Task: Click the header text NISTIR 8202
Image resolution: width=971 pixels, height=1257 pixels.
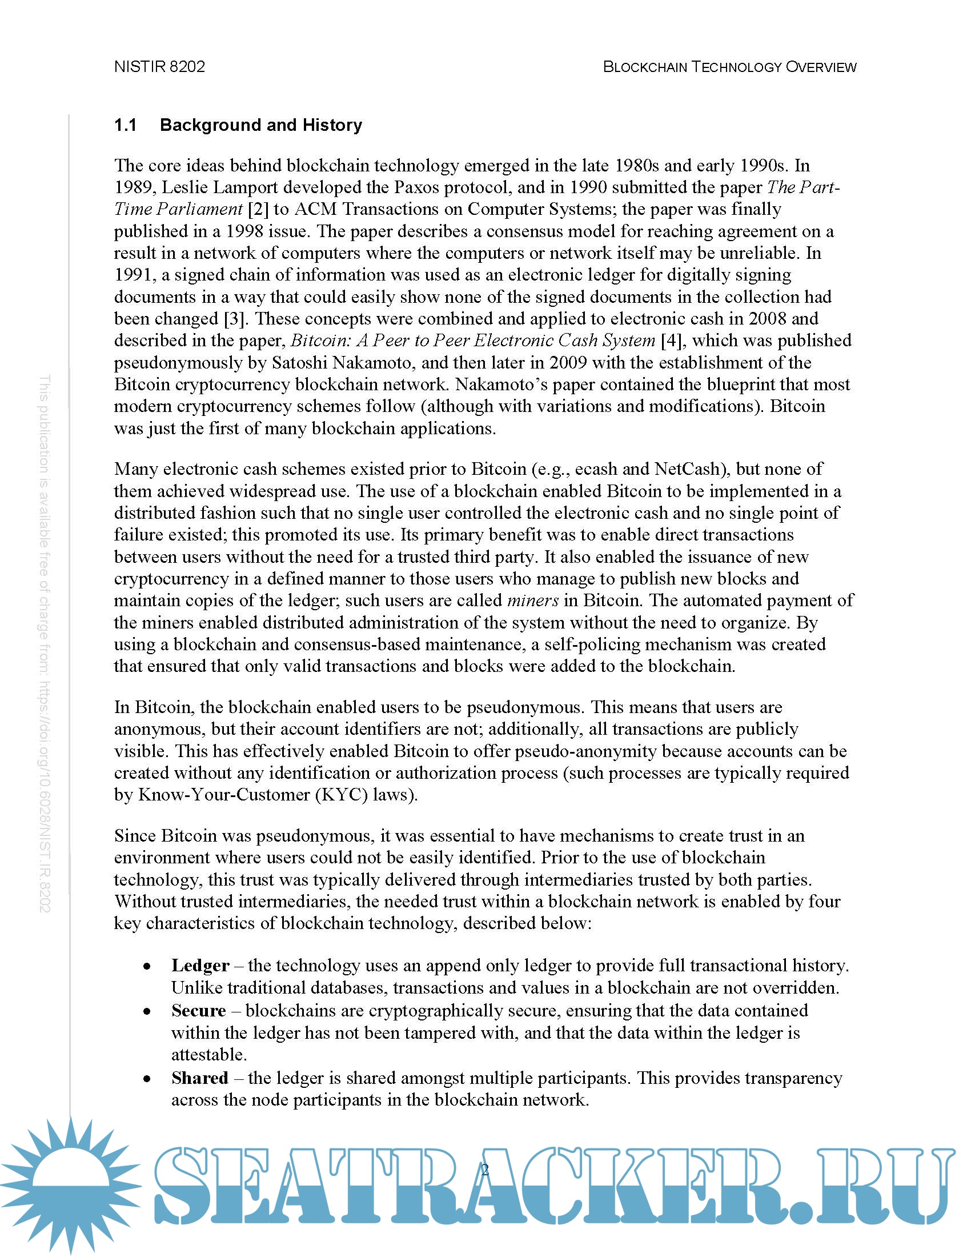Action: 159,67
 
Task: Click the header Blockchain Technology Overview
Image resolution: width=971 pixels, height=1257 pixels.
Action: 729,67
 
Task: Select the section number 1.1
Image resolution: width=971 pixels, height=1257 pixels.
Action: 125,125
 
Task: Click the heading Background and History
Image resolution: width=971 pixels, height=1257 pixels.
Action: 260,125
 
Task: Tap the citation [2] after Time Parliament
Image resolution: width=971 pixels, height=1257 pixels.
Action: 257,209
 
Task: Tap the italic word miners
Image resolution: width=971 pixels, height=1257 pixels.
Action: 533,601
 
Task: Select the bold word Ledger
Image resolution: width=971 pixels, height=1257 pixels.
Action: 200,965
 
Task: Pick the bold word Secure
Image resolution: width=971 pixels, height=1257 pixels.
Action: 198,1010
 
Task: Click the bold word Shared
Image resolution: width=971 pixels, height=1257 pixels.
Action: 199,1078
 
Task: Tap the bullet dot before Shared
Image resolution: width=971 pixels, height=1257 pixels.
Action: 148,1079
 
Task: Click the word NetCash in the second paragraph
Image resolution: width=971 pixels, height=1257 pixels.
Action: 687,469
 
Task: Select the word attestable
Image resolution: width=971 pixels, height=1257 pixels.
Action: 209,1054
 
